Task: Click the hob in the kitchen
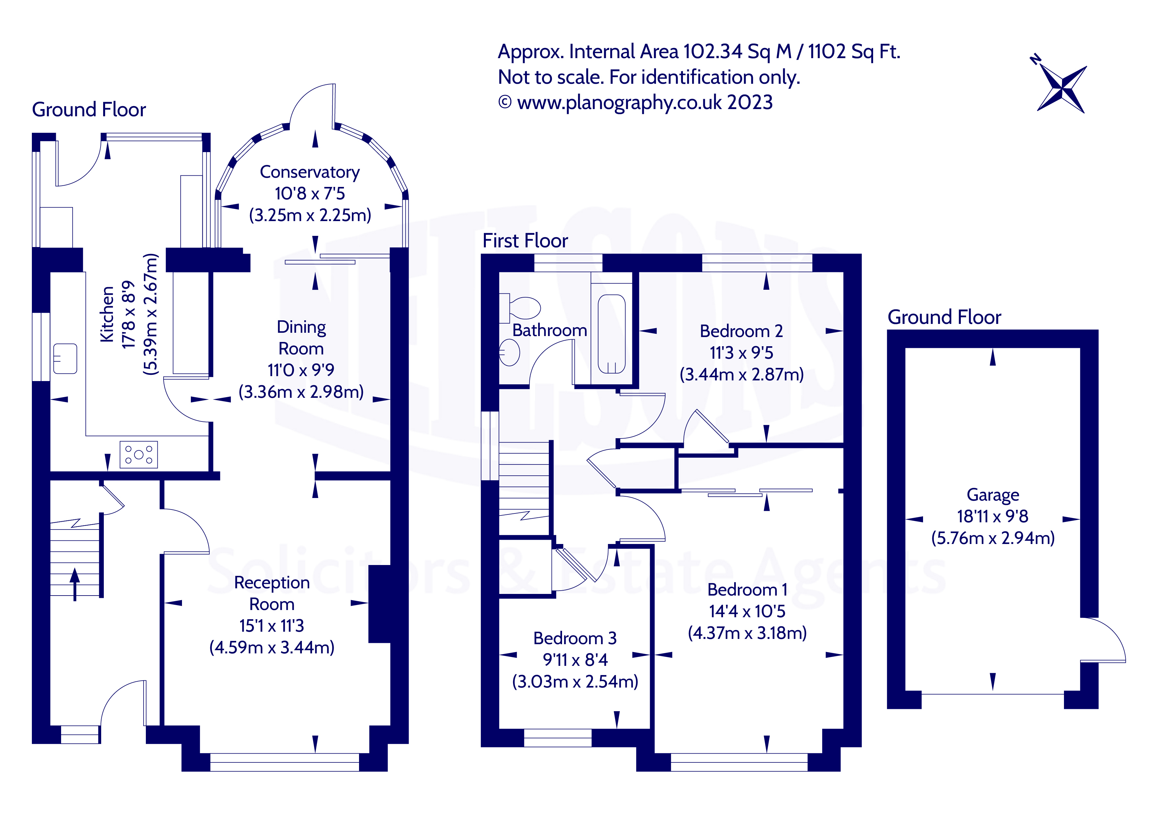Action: (x=139, y=454)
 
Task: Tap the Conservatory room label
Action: (x=309, y=172)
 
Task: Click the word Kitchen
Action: (x=107, y=314)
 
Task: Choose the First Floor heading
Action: (x=525, y=241)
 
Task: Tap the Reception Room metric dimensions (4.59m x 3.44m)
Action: (x=271, y=647)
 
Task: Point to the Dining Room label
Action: (x=301, y=337)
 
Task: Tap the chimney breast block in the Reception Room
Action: (x=380, y=604)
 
